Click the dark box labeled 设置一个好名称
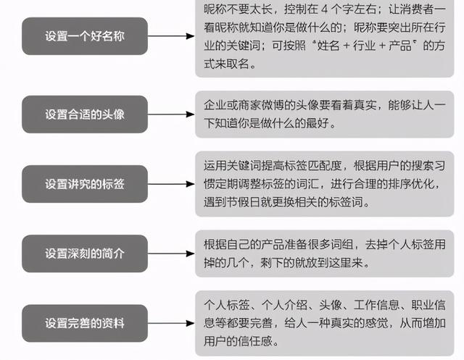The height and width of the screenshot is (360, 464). tap(85, 36)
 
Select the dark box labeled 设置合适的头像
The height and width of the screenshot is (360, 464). tap(85, 114)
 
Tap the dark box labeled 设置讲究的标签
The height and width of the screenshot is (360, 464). tap(85, 184)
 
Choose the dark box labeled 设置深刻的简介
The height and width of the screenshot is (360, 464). tap(85, 254)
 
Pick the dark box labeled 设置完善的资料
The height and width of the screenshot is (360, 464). tap(85, 323)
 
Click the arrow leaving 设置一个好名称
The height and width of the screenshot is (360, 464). tap(171, 36)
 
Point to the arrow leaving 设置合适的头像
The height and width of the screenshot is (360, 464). tap(171, 114)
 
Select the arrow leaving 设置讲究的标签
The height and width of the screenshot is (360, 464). tap(171, 184)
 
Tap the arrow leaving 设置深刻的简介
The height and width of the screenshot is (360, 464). tap(171, 254)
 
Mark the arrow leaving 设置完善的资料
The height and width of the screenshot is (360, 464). tap(171, 323)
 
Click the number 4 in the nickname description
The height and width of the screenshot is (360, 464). tap(325, 9)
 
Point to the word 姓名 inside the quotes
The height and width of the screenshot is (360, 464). tap(328, 46)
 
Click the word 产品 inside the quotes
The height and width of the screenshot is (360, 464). tap(400, 46)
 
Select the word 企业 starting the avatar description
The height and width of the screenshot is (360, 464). tap(215, 105)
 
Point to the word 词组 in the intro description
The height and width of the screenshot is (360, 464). tap(342, 245)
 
